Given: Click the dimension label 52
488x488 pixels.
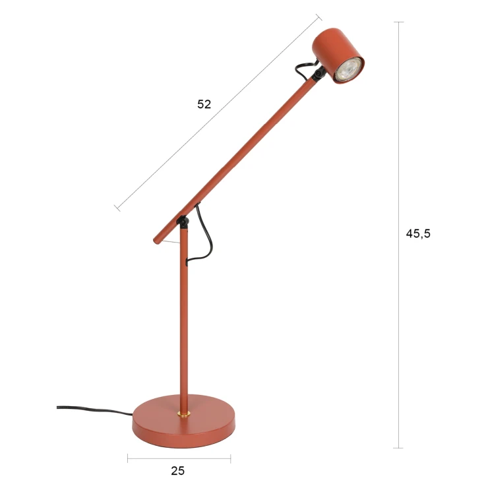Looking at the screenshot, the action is coord(204,104).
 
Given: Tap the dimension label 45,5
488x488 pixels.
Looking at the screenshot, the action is coord(418,233).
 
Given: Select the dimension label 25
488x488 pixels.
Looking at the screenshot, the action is coord(177,471).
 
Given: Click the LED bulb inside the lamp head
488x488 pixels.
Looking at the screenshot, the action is coord(349,70).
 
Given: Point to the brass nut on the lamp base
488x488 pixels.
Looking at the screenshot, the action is coord(184,413).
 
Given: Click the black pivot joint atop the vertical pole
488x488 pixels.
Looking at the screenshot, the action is coord(183,222).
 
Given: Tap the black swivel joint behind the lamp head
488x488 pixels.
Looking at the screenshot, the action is coord(319,74).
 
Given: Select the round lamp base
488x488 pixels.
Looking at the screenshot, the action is coord(183,421).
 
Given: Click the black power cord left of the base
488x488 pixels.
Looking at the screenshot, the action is coord(94,410).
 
